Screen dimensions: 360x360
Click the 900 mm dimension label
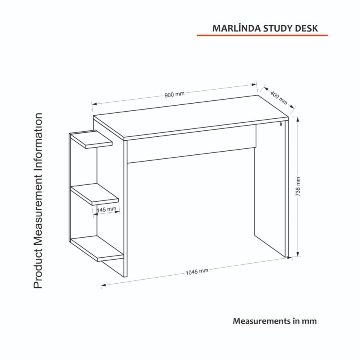[x=174, y=94]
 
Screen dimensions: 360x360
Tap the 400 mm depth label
[x=279, y=98]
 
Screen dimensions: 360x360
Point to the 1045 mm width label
[x=197, y=272]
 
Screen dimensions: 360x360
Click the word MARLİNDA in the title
[x=235, y=28]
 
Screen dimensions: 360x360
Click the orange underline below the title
[x=262, y=36]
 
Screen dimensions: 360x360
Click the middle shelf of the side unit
[x=96, y=194]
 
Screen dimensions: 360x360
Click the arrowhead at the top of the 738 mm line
[x=298, y=119]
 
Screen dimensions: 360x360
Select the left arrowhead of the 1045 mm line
[x=103, y=285]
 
